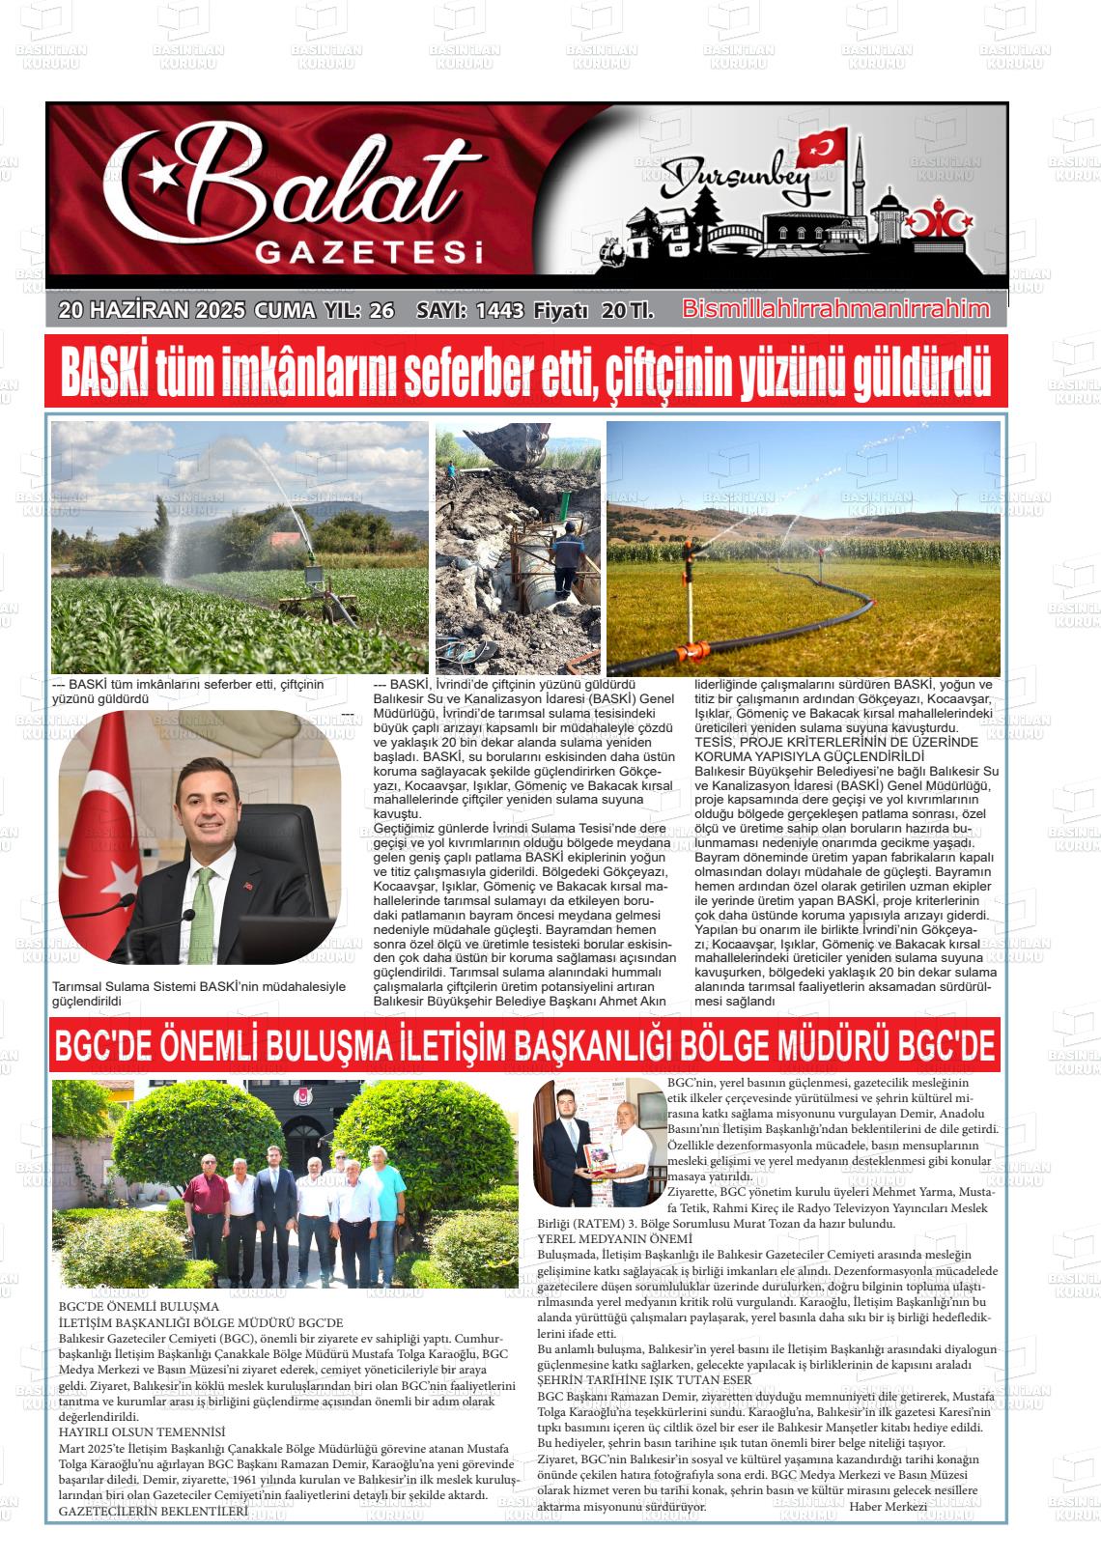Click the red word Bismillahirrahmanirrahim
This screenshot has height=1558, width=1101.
pyautogui.click(x=835, y=309)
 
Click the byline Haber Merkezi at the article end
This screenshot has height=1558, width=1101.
pyautogui.click(x=888, y=1506)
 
